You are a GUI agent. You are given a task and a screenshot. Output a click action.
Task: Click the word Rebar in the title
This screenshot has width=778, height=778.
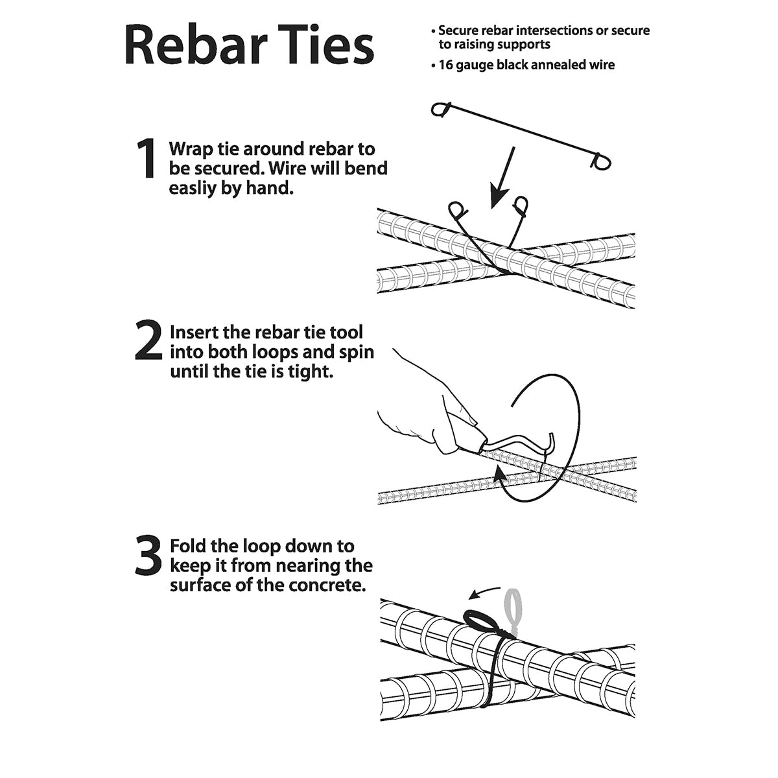[196, 45]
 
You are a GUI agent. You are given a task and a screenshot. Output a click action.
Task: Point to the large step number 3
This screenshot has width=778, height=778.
[148, 555]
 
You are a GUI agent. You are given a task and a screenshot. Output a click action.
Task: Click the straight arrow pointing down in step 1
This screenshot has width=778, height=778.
[502, 178]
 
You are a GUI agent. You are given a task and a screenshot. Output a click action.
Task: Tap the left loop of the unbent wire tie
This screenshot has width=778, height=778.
[440, 110]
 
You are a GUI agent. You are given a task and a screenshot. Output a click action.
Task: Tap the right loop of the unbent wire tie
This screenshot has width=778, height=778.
[600, 161]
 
